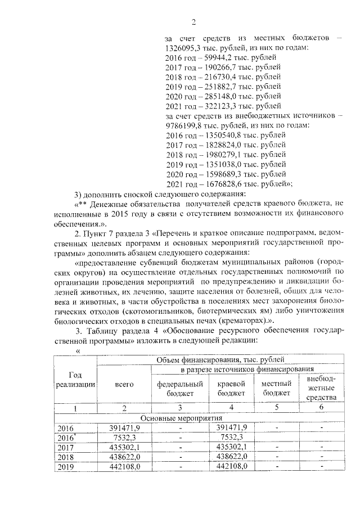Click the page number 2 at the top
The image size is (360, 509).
point(193,22)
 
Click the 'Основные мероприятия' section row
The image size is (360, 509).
point(181,418)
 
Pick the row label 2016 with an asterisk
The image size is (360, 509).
point(66,438)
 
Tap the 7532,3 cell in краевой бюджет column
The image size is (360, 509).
point(232,438)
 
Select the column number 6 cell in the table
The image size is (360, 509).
point(321,408)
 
